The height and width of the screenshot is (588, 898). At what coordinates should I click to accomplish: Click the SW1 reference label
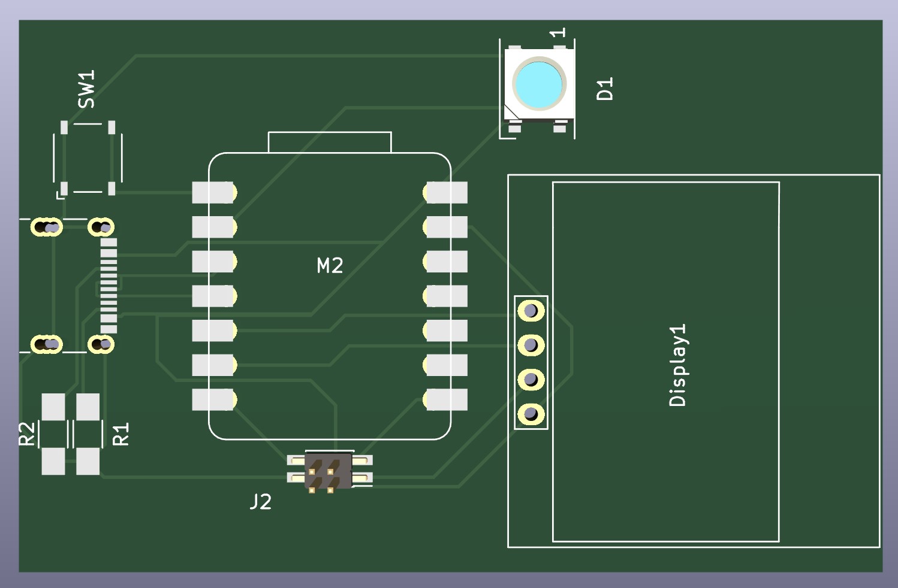point(87,89)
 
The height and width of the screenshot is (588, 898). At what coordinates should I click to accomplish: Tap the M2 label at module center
point(330,265)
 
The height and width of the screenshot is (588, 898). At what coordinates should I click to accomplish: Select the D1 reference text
point(605,89)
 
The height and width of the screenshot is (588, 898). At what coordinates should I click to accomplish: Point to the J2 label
point(261,501)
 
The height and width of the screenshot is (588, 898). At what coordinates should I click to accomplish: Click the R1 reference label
point(121,434)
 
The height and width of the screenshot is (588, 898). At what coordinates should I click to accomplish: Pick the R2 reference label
point(27,434)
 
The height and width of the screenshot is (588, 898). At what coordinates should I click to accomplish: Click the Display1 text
point(678,365)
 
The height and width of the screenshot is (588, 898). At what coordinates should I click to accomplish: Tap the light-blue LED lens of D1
point(539,84)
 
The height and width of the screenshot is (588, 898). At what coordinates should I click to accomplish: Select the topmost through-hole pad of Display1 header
point(531,311)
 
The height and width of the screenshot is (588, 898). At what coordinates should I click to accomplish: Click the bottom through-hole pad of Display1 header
point(531,414)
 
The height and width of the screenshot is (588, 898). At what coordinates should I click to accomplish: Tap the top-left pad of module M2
point(213,193)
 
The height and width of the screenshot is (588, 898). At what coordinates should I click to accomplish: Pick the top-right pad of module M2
point(447,193)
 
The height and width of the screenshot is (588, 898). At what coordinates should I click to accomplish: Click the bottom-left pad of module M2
point(213,399)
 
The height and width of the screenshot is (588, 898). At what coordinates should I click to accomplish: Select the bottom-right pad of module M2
point(447,399)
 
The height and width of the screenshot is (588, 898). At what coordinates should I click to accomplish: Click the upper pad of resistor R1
point(88,407)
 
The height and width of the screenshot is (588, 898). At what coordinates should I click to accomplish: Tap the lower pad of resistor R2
point(53,461)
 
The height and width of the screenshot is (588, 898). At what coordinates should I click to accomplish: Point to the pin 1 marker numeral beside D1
point(559,32)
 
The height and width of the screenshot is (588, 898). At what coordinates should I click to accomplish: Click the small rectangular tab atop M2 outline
point(330,143)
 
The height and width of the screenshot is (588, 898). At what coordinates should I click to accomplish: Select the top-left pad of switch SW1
point(64,127)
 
